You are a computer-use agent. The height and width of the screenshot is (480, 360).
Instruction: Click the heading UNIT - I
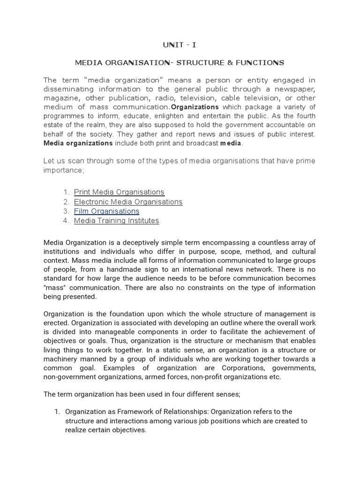[x=180, y=45]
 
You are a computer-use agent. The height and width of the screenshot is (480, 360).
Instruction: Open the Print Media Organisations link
[x=119, y=192]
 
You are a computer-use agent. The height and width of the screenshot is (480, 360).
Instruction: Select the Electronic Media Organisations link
[x=128, y=202]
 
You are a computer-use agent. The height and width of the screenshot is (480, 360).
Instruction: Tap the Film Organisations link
[x=106, y=211]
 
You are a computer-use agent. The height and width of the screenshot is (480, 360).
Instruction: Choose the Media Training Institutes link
[x=116, y=220]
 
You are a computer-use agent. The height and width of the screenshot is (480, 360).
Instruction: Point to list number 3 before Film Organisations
[x=66, y=211]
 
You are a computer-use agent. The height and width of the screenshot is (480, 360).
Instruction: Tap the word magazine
[x=60, y=98]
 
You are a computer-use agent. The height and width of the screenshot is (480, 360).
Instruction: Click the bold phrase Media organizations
[x=78, y=143]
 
